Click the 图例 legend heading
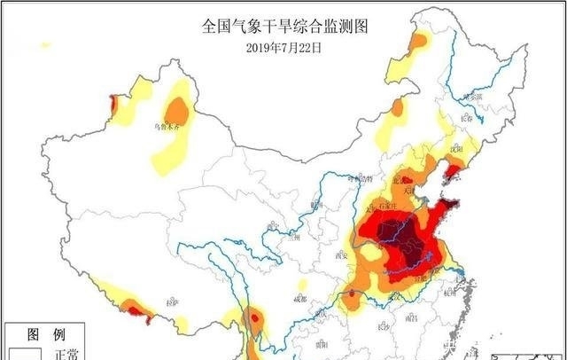click(x=45, y=335)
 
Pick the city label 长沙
click(x=383, y=325)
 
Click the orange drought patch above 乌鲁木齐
click(x=178, y=112)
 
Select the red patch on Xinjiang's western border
click(x=112, y=106)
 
